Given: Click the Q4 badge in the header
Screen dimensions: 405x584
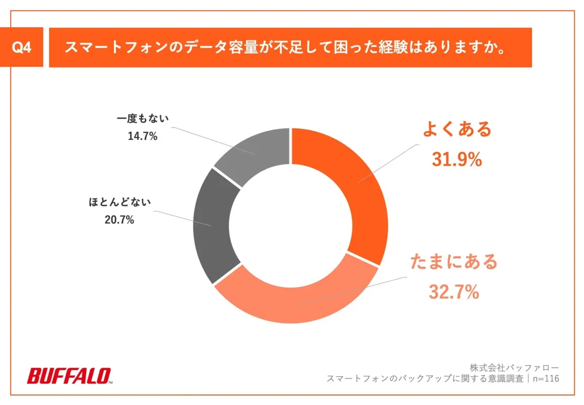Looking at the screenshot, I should click(x=22, y=48).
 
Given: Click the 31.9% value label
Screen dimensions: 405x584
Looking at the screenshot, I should click(x=456, y=159).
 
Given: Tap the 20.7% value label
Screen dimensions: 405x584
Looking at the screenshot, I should click(x=120, y=220).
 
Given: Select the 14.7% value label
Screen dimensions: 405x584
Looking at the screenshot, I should click(x=143, y=136).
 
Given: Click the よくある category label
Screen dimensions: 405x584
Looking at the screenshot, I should click(x=457, y=129).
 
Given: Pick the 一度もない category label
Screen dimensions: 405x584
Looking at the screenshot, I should click(x=143, y=118).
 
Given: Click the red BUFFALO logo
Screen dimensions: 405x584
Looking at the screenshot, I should click(x=69, y=376).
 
